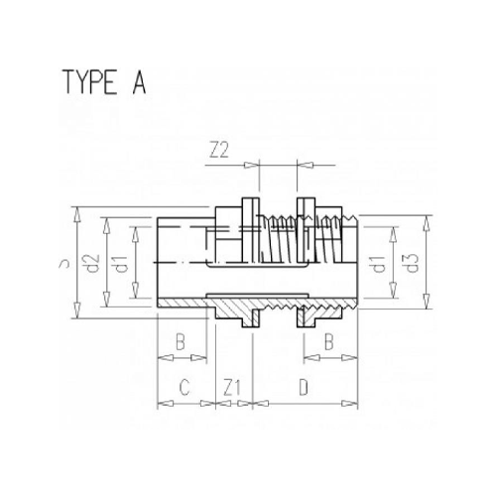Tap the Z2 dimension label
coord(220,150)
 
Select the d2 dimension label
coord(94,265)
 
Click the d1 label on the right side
coord(378,265)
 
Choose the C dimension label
coord(182,386)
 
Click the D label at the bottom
coord(304,386)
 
